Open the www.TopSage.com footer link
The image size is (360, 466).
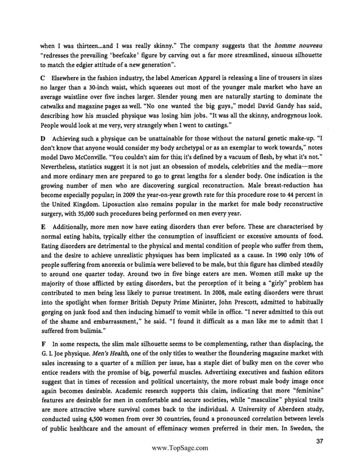180,449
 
